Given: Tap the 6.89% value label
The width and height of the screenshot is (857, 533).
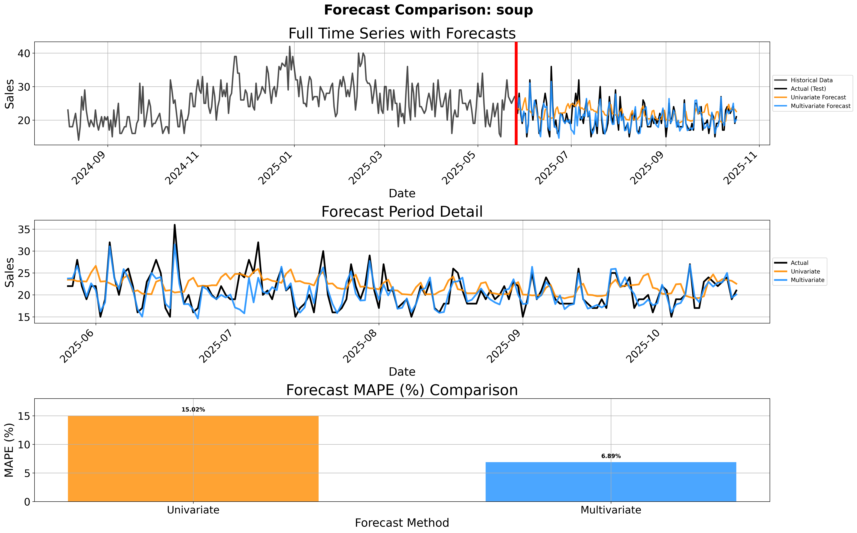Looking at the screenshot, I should (x=611, y=456).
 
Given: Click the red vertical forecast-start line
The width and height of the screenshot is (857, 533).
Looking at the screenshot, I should (x=516, y=93).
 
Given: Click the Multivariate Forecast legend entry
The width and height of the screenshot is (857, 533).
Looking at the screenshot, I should (x=820, y=106).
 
